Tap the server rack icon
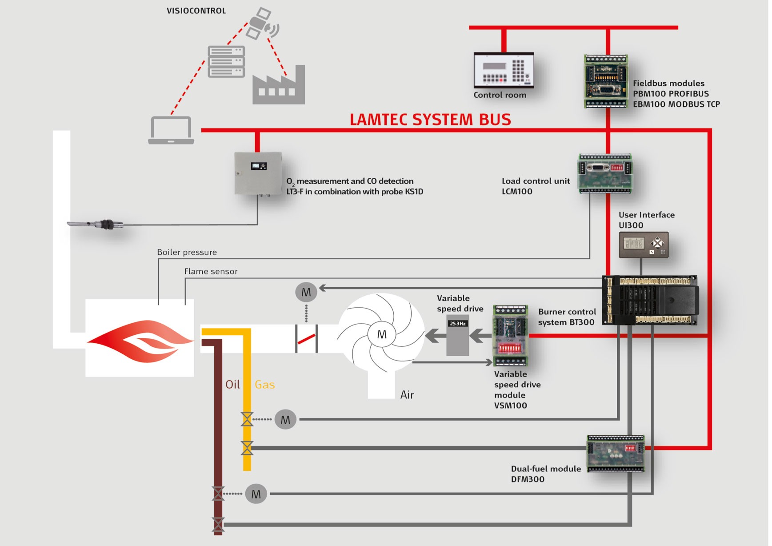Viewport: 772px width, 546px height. click(226, 61)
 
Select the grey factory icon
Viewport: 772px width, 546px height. click(279, 86)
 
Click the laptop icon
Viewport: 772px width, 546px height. click(171, 130)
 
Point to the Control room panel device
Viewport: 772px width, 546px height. click(504, 70)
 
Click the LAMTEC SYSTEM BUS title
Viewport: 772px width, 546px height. click(430, 120)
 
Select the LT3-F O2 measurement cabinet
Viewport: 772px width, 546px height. click(258, 173)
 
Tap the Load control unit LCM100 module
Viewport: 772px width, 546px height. click(605, 173)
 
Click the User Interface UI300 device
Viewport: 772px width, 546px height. click(644, 245)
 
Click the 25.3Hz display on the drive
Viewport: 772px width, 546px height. click(457, 323)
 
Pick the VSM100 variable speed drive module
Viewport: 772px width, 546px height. click(510, 336)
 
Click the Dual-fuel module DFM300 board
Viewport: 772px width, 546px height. click(616, 454)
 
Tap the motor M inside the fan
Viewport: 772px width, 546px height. click(382, 335)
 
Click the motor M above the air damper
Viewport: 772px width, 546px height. click(306, 292)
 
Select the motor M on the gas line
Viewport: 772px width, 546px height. click(285, 420)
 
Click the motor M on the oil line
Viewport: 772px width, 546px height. click(256, 494)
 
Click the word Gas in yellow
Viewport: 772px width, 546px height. click(264, 385)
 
